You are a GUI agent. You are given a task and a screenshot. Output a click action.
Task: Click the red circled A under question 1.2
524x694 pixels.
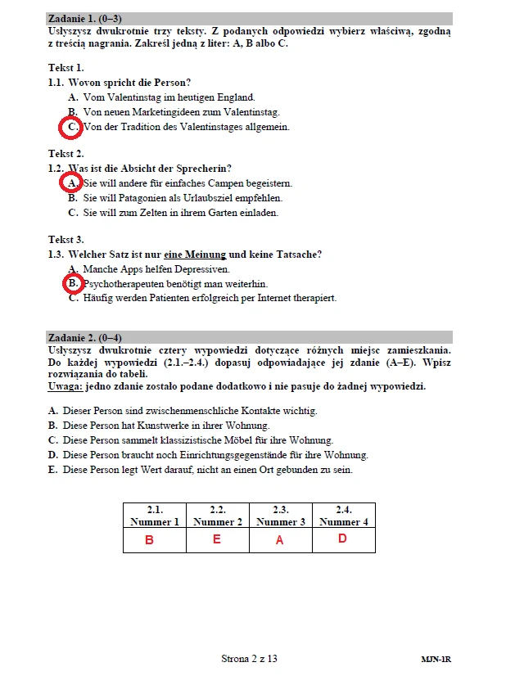[x=73, y=183]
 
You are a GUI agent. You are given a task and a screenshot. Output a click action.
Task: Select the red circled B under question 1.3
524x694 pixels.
[x=73, y=283]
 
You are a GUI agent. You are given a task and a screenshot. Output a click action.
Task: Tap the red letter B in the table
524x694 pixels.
[x=149, y=540]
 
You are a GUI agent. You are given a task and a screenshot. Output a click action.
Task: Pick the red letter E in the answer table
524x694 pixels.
[x=216, y=539]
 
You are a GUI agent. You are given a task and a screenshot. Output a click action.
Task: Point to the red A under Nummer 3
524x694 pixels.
[x=279, y=540]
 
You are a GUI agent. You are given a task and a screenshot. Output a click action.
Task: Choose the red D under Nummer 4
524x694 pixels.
[x=342, y=539]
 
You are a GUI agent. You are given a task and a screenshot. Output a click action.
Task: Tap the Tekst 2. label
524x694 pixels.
[x=65, y=153]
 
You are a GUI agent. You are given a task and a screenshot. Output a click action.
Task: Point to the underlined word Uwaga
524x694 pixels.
[x=65, y=386]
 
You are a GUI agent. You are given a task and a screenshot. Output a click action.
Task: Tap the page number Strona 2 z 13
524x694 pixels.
[x=249, y=658]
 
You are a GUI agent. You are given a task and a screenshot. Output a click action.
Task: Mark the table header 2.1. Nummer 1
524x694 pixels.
[x=154, y=516]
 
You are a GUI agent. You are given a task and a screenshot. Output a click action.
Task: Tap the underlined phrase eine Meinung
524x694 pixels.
[x=195, y=255]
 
